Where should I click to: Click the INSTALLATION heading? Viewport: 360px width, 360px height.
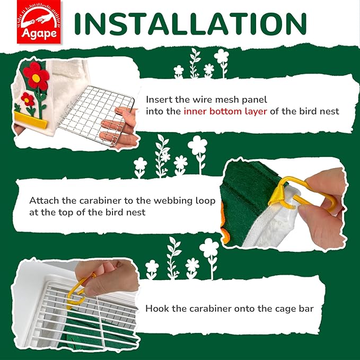(x=190, y=23)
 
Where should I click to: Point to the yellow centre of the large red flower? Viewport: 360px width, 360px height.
(x=36, y=78)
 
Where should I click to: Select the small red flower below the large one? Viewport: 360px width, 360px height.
(x=27, y=99)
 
